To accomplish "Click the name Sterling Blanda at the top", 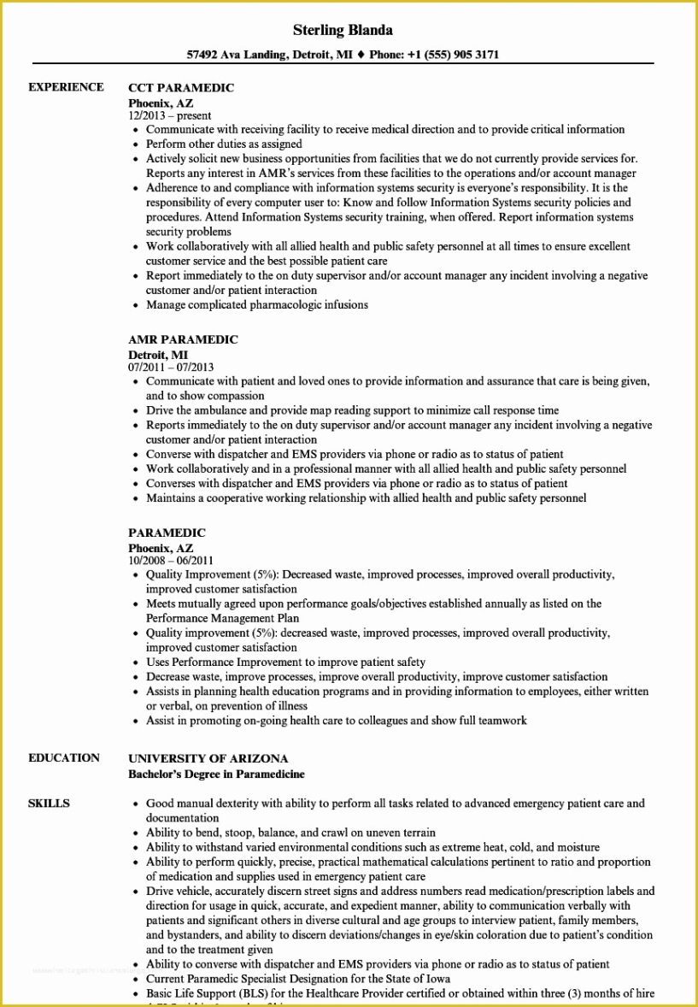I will click(343, 30).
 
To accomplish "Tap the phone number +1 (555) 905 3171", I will click(456, 55).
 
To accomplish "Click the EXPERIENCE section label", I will click(66, 87).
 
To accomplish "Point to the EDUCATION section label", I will click(63, 757).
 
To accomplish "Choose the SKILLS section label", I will click(49, 804).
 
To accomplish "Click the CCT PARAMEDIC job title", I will click(180, 88).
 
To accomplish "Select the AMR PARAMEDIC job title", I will click(183, 339).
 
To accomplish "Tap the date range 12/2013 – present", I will click(170, 115).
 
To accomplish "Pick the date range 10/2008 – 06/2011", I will click(171, 561).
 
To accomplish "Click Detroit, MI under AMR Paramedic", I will click(158, 354).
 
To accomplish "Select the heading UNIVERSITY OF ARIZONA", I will click(208, 758).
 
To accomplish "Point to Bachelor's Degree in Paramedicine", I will click(216, 774).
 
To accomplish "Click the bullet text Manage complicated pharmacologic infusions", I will click(256, 304).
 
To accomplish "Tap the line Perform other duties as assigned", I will click(224, 144).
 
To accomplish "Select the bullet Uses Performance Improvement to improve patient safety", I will click(285, 662).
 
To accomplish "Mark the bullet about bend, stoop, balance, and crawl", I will click(290, 833).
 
